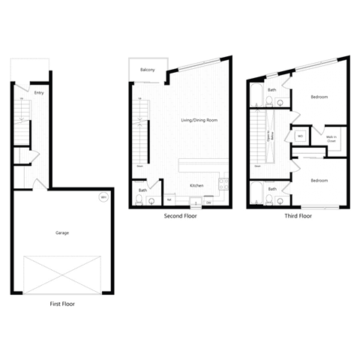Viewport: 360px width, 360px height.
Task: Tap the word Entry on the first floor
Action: (x=39, y=93)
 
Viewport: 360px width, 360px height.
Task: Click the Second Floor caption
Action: (x=180, y=215)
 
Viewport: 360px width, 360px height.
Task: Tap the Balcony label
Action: (x=148, y=70)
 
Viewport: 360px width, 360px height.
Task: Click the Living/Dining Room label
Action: (x=198, y=120)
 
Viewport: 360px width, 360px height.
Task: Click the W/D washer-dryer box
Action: (x=299, y=136)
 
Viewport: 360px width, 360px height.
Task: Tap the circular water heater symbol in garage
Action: (x=103, y=198)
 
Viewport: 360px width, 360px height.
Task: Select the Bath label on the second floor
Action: (x=142, y=190)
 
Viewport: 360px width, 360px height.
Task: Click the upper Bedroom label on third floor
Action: (x=319, y=97)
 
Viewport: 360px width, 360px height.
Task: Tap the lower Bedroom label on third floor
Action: (x=319, y=180)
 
